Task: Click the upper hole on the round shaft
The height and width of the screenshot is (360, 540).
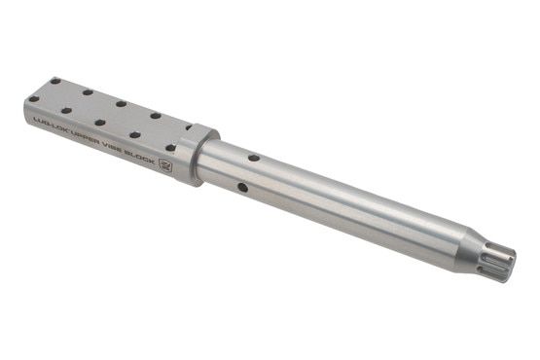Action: click(252, 156)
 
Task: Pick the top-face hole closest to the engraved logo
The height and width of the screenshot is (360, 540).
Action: click(170, 148)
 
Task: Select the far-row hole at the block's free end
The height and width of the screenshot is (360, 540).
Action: click(55, 82)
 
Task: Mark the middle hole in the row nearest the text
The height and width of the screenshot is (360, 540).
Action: click(100, 124)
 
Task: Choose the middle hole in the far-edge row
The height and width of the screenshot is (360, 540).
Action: click(121, 103)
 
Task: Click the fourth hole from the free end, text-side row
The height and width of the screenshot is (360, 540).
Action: click(134, 135)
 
